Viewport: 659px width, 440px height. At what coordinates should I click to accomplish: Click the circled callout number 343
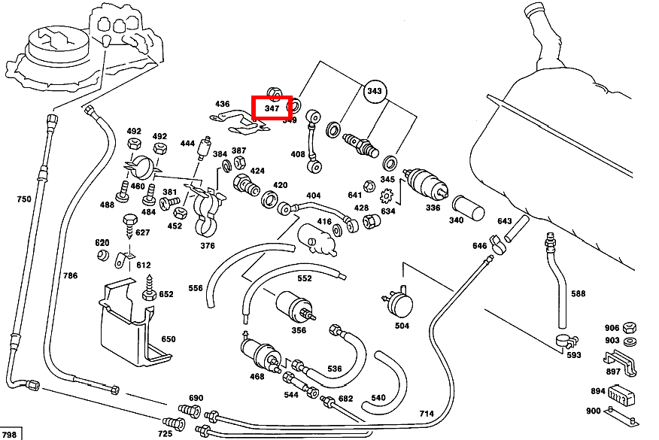click(374, 92)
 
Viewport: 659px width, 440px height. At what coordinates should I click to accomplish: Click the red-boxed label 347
click(272, 108)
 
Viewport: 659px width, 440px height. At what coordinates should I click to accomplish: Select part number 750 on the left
click(24, 199)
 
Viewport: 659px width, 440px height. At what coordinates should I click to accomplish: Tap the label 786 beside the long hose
click(70, 276)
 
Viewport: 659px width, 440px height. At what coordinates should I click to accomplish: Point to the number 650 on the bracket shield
click(168, 339)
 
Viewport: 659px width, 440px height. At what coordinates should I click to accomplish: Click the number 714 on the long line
click(427, 414)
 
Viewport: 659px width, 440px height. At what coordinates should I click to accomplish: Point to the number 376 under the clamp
click(208, 246)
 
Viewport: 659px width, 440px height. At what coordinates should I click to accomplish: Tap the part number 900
click(594, 411)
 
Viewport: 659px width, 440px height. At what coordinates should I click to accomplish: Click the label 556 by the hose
click(195, 288)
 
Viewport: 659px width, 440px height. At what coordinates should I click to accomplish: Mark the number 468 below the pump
click(257, 376)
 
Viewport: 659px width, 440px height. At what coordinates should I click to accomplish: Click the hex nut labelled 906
click(632, 329)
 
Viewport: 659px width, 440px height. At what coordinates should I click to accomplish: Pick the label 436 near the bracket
click(222, 104)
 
